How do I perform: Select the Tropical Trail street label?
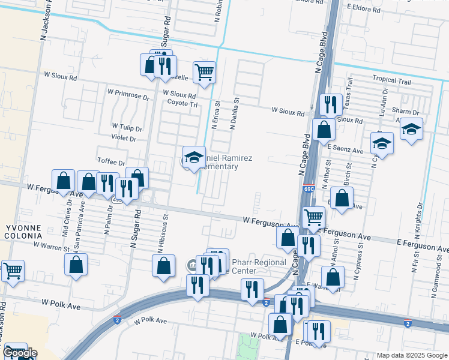[x=391, y=79]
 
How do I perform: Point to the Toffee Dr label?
[x=111, y=163]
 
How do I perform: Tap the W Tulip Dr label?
[x=127, y=128]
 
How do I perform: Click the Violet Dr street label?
[x=124, y=138]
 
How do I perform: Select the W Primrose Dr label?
[x=128, y=94]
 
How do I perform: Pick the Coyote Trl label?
[x=182, y=103]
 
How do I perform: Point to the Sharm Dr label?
[x=405, y=112]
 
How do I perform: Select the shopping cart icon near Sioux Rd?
[x=205, y=72]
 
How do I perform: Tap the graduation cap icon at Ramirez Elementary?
[x=194, y=157]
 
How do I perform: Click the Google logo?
[x=20, y=353]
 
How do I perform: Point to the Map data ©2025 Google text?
[x=411, y=355]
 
